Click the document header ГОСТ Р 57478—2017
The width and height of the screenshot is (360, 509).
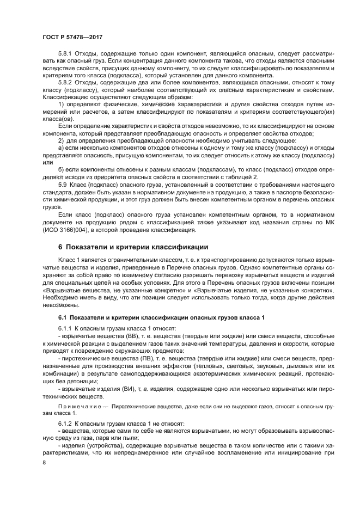pyautogui.click(x=72, y=35)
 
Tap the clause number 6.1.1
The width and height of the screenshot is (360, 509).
pyautogui.click(x=65, y=329)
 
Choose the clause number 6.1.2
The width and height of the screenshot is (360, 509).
pyautogui.click(x=65, y=423)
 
